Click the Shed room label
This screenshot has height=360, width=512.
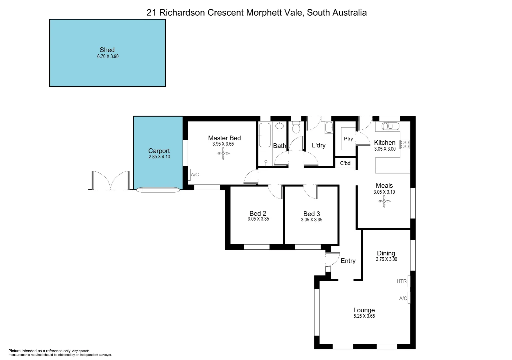[x=107, y=50]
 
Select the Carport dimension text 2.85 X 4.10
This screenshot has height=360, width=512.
[x=159, y=157]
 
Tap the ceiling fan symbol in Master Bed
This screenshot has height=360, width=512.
[x=223, y=153]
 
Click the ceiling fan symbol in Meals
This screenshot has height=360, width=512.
[x=384, y=201]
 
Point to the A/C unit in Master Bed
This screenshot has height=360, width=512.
[x=189, y=175]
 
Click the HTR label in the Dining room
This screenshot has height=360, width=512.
[x=401, y=281]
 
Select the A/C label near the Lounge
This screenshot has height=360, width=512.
[x=403, y=298]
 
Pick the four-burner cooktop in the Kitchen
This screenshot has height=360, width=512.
[x=404, y=144]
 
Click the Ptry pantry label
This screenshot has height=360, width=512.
[x=348, y=139]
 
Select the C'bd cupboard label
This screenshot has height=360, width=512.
[x=345, y=163]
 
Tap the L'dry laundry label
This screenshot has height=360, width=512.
[x=318, y=145]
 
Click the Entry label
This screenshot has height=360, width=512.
[x=348, y=261]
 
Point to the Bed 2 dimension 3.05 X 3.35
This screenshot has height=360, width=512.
[x=258, y=219]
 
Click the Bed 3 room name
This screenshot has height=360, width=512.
[x=311, y=214]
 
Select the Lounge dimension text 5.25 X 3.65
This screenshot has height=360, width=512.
[x=364, y=316]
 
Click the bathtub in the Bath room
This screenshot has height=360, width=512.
[x=265, y=135]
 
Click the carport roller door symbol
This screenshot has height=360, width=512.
[x=158, y=190]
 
